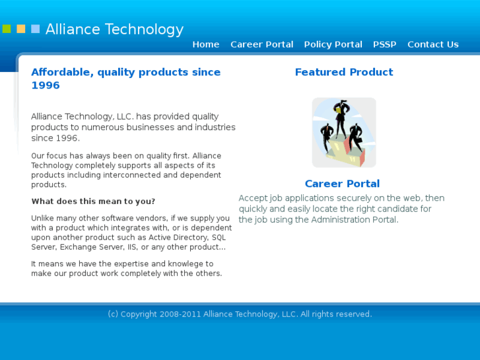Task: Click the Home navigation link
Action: click(205, 44)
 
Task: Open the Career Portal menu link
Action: click(261, 44)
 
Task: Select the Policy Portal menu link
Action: click(333, 44)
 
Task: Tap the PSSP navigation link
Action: click(384, 44)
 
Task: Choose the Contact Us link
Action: click(432, 44)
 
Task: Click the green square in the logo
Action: click(7, 29)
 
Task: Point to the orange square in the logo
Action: click(21, 29)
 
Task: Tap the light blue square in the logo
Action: click(36, 29)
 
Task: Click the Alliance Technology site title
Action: click(114, 29)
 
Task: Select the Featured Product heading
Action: click(343, 72)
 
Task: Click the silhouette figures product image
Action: click(343, 132)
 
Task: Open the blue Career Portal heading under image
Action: click(342, 184)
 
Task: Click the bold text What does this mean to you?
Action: click(93, 201)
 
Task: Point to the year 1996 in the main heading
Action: click(46, 85)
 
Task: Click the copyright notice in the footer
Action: click(240, 314)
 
